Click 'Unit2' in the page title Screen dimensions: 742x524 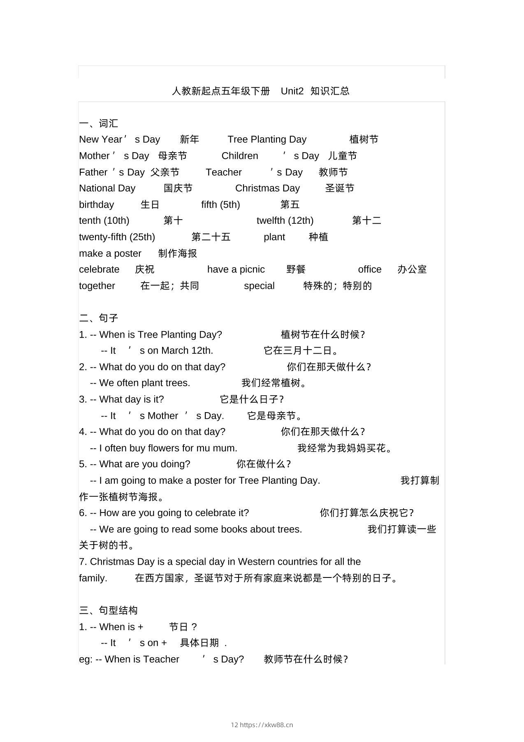[x=292, y=91]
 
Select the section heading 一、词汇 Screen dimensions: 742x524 [x=99, y=123]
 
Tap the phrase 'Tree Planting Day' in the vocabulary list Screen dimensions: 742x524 [x=267, y=139]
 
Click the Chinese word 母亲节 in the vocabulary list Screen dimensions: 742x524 [x=172, y=156]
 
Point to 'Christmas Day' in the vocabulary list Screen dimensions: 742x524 [x=267, y=188]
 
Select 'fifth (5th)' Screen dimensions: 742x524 [x=220, y=204]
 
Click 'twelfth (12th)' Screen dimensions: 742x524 [x=285, y=220]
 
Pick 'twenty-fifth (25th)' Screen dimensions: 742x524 [x=117, y=237]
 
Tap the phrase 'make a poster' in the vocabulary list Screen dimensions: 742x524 [x=110, y=253]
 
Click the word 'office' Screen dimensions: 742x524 [x=370, y=269]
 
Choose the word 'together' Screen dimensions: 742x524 [x=97, y=286]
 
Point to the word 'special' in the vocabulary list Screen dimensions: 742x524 [x=259, y=286]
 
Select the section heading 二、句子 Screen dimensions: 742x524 [x=99, y=318]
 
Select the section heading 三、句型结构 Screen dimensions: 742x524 [x=109, y=610]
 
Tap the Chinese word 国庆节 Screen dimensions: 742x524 [x=178, y=188]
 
